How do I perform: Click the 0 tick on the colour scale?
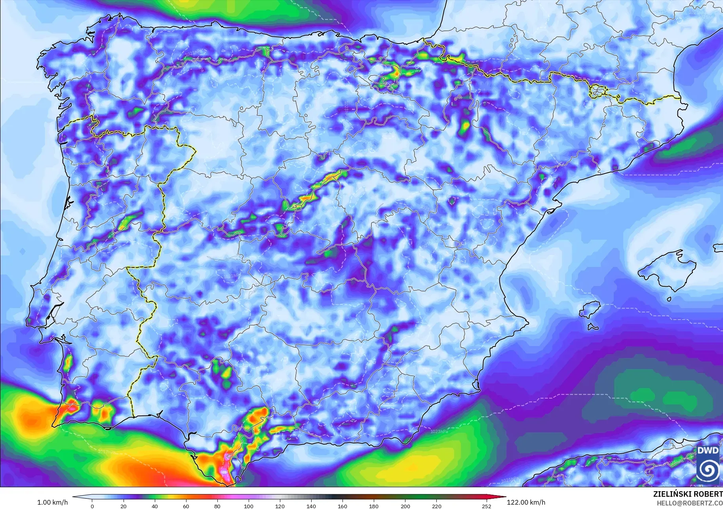(92, 506)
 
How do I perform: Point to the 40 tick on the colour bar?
(154, 506)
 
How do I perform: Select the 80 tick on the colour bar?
(217, 506)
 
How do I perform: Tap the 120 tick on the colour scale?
(280, 506)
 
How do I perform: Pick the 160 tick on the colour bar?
(342, 506)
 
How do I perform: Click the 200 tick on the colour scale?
(405, 506)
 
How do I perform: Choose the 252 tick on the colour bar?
(486, 506)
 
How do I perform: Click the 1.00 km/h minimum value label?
(52, 502)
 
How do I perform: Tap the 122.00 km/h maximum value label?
(526, 502)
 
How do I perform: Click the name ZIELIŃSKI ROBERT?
(687, 494)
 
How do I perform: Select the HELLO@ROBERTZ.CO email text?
(689, 503)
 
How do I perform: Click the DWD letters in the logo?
(708, 450)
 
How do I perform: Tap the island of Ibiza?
(590, 310)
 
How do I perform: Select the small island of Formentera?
(592, 327)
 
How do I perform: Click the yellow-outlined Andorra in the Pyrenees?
(597, 91)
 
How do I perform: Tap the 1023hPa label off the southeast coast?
(439, 431)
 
